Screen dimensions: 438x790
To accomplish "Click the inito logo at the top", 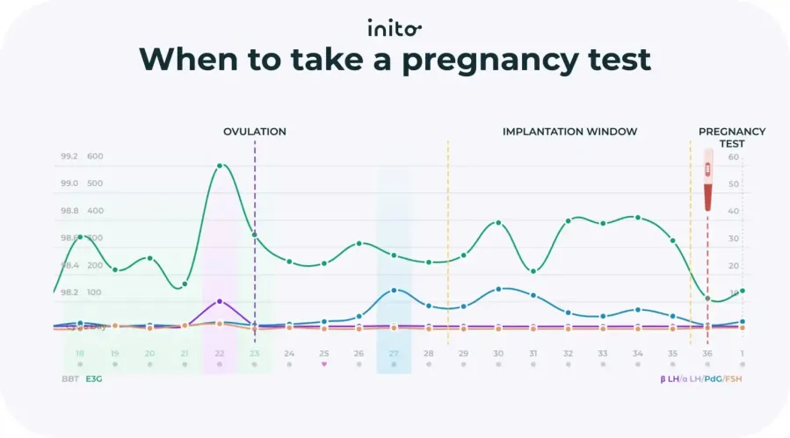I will [395, 28].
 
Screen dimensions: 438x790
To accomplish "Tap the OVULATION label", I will [254, 132].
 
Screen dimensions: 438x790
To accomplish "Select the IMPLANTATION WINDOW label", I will [569, 132].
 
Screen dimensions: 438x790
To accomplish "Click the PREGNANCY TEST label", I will [732, 137].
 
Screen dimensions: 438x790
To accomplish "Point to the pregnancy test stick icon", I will [707, 179].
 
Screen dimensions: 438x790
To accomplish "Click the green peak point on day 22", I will [220, 166].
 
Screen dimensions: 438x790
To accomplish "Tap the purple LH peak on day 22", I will [220, 301].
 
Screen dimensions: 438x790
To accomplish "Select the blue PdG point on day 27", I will [394, 290].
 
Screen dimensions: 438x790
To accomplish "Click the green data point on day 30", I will [498, 222].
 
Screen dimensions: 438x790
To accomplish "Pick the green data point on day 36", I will [707, 298].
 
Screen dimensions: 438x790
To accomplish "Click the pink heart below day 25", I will [324, 363].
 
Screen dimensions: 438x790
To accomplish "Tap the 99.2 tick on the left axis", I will [69, 157].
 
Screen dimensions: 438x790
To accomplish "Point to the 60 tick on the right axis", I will [733, 157].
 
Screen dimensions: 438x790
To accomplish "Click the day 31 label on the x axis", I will [533, 353].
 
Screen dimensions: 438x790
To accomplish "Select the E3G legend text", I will [93, 379].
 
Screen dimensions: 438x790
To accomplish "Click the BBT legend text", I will [71, 379].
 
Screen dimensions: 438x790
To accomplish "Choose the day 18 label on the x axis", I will [80, 353].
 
